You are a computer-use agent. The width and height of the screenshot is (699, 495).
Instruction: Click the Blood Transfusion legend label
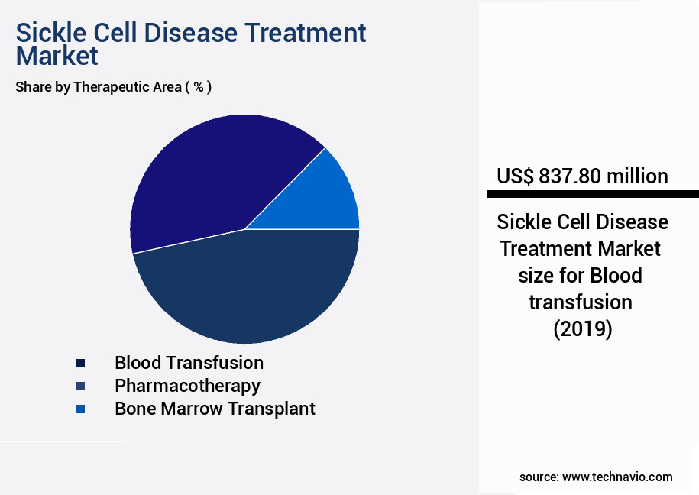(189, 363)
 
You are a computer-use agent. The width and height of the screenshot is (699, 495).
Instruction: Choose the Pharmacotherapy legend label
(187, 386)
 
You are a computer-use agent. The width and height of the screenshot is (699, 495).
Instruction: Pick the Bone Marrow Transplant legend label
(215, 409)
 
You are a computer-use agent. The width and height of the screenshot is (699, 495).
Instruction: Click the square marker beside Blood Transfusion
(80, 364)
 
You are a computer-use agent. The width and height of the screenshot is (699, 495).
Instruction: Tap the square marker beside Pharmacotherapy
(80, 387)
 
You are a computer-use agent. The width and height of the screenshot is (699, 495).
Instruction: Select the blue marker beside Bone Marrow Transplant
(80, 409)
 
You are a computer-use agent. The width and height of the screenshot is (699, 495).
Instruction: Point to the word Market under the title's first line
(57, 56)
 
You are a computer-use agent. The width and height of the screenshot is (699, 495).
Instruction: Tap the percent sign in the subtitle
(198, 87)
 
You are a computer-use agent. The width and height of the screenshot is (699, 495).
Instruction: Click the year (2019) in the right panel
(582, 329)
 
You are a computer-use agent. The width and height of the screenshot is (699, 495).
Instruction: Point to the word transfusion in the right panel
(581, 302)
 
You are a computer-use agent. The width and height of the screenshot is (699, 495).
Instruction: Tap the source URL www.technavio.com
(617, 477)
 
